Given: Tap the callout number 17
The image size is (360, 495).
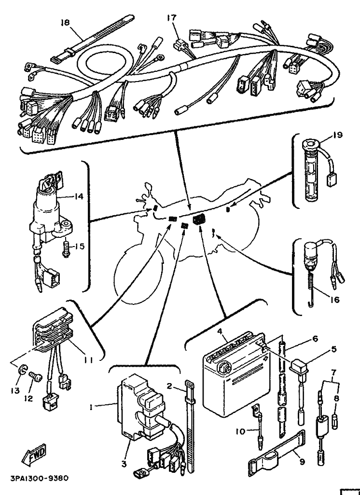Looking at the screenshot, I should pos(172,19).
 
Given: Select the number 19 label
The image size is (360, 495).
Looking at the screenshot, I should pos(337,136).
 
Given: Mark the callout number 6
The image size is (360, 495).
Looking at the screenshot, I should pos(315,339).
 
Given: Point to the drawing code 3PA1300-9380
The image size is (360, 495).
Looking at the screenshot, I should pos(39,479).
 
